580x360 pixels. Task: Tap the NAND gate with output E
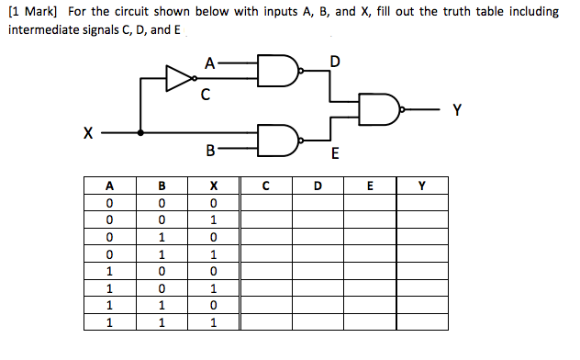tap(278, 140)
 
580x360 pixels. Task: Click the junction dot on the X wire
tap(139, 132)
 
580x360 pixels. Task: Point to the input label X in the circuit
tap(88, 133)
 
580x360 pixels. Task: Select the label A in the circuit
tap(210, 63)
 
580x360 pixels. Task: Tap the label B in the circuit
tap(210, 149)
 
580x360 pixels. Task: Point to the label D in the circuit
tap(334, 62)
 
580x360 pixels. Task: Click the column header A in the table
tap(110, 186)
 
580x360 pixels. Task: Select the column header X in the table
tap(213, 186)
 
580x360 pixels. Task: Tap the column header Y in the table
tap(421, 186)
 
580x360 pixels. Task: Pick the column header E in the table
tap(369, 186)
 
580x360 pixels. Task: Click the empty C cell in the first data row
tap(265, 202)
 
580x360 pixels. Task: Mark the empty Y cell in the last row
tap(421, 322)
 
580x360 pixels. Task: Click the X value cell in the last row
tap(213, 322)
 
